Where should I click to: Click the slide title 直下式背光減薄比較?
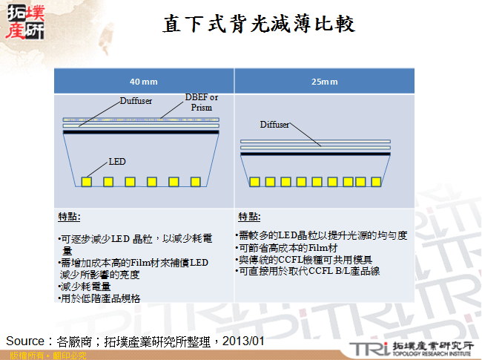(x=260, y=24)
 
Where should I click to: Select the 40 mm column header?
(x=144, y=81)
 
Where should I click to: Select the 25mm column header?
(x=320, y=81)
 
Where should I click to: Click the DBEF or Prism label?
(x=202, y=102)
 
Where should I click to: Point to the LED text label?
(x=117, y=160)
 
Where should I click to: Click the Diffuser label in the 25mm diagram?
(x=274, y=125)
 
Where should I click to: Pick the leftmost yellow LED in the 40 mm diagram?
(x=86, y=181)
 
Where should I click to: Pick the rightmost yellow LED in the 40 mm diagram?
(x=195, y=181)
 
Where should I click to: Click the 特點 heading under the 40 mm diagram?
(x=69, y=217)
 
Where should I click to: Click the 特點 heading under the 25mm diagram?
(x=248, y=217)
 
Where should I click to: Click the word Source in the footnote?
(x=25, y=341)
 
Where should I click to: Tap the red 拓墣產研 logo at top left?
(x=24, y=22)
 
